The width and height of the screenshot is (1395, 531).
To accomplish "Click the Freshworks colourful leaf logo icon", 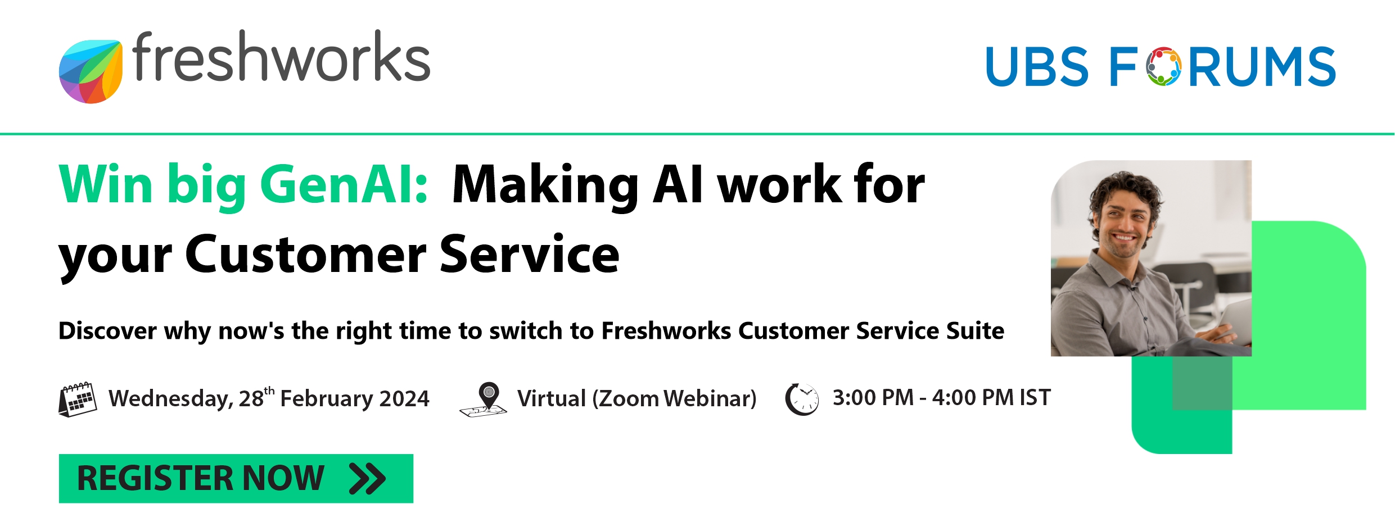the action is (91, 71).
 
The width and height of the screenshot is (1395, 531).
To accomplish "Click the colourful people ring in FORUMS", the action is (1164, 67).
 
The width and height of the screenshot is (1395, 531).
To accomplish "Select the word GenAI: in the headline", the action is (345, 185).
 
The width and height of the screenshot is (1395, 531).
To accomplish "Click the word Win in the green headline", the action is (106, 184).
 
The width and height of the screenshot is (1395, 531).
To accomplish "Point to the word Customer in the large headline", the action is (306, 255).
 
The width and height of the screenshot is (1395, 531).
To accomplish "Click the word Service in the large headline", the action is (530, 255).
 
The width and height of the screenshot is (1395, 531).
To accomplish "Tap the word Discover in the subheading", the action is (107, 330).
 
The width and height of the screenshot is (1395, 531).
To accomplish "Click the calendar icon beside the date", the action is (78, 400).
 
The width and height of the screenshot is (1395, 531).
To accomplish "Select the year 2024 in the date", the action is (404, 398).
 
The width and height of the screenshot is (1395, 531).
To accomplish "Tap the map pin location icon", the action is (484, 400).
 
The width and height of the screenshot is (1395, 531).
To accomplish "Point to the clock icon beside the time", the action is (802, 399).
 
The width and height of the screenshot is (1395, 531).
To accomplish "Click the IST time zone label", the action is (1035, 398).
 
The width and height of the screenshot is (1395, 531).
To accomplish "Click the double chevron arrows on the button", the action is (367, 479).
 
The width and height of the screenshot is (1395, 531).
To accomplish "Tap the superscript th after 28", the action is (269, 390).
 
